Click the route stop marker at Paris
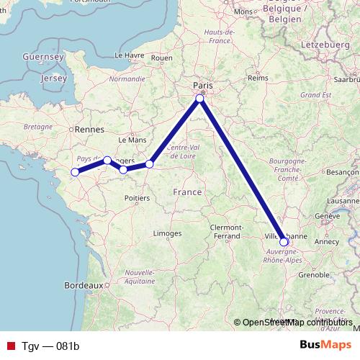(x=200, y=99)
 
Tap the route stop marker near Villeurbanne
(x=284, y=242)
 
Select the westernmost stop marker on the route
(x=75, y=172)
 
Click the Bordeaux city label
(x=84, y=285)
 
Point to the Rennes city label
(x=89, y=130)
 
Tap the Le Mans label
(x=132, y=140)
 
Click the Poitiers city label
(x=137, y=197)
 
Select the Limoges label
(x=167, y=234)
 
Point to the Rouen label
(x=162, y=58)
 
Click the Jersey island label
(x=54, y=77)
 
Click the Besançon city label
(x=342, y=173)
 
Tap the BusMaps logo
(x=325, y=346)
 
